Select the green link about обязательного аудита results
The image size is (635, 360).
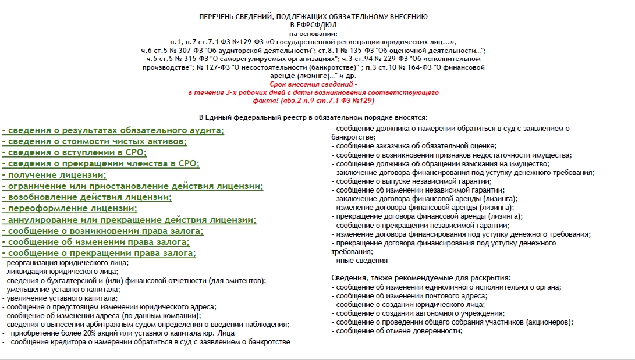point(113,130)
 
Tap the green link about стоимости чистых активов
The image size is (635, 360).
point(94,141)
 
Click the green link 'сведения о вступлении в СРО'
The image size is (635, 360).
point(74,152)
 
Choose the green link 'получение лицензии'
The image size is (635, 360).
point(54,175)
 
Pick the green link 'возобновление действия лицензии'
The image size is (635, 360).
point(87,198)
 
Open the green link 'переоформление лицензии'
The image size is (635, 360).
point(69,209)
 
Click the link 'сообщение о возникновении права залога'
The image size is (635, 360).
point(102,231)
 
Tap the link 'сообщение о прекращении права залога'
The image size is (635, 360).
point(99,254)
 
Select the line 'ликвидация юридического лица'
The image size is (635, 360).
point(61,272)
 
